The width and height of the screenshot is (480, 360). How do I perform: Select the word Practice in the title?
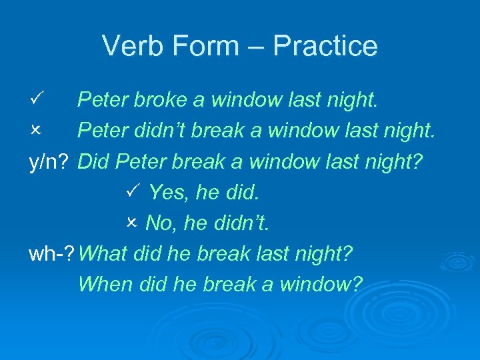325,46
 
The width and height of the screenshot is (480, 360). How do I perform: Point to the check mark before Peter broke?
37,99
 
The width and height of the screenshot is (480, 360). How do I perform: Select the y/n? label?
50,162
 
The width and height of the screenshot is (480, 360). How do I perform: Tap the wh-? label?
53,254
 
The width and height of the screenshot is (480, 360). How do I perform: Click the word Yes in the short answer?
165,193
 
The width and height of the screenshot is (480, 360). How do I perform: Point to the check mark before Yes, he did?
131,192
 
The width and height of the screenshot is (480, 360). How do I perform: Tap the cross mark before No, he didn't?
131,223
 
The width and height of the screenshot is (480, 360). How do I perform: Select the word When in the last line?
106,285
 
